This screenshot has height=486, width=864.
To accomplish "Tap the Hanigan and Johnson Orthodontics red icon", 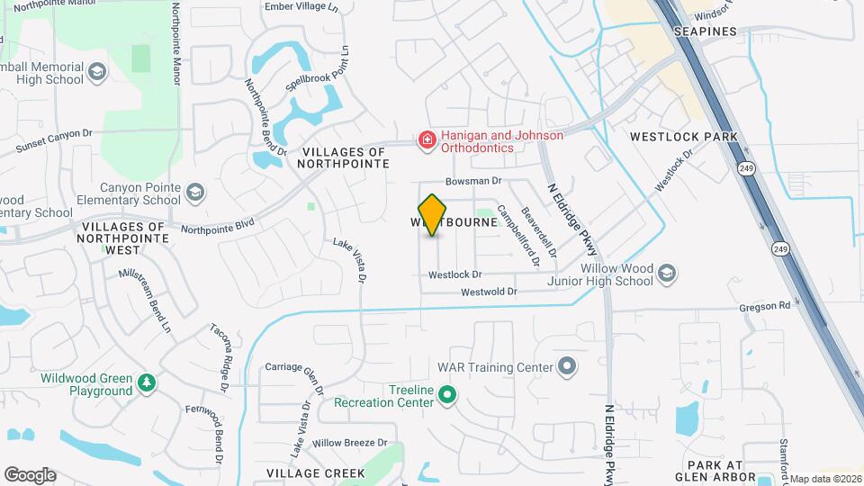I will click(426, 140).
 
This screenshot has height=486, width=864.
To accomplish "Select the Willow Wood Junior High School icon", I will click(666, 273).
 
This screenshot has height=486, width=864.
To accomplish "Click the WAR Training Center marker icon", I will click(566, 366).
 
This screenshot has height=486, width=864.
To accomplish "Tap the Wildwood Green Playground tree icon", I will click(146, 384).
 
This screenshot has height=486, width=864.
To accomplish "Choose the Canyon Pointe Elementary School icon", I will click(195, 192).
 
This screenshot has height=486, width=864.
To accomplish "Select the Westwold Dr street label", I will click(489, 292).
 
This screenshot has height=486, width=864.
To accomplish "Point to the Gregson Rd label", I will click(764, 306).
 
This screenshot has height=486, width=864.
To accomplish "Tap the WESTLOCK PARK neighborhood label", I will click(684, 137).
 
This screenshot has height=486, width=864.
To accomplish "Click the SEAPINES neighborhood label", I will click(706, 31).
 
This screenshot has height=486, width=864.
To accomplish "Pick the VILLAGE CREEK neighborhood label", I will click(316, 472).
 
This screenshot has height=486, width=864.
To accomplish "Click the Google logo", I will click(30, 474).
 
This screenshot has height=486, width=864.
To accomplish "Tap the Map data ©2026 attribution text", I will click(825, 479).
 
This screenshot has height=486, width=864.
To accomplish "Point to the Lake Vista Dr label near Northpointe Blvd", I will click(350, 260).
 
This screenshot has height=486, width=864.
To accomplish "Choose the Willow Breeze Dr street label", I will click(349, 443).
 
